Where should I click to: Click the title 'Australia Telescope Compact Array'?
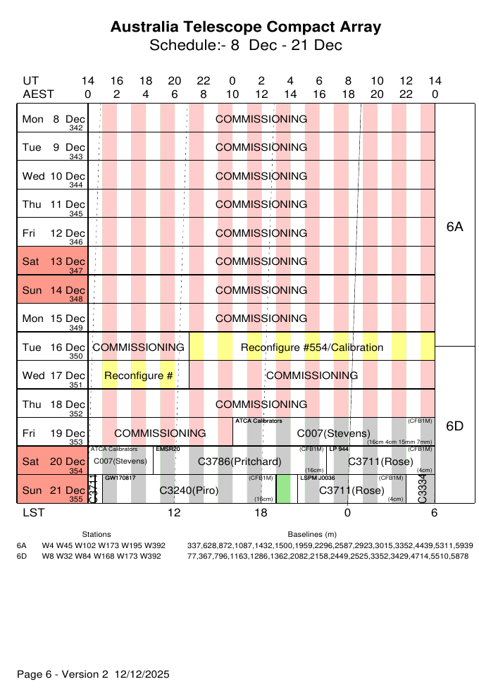coord(246,27)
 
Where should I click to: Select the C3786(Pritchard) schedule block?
coord(240,461)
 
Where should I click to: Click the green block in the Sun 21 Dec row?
coord(283,489)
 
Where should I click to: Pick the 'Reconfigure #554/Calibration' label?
coord(312,347)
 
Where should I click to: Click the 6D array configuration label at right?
coord(455,426)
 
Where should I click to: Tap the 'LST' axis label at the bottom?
coord(33,513)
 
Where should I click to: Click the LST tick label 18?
coord(261,513)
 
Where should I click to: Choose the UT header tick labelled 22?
coord(203,81)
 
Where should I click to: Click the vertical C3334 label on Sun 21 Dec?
coord(423,490)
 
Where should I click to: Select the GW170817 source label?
coord(120,478)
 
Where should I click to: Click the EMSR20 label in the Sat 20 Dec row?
coord(168,449)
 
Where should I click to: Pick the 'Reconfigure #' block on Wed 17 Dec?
coord(139,375)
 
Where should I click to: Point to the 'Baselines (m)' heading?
coord(312,535)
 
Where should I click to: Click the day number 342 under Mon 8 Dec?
coord(76,128)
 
